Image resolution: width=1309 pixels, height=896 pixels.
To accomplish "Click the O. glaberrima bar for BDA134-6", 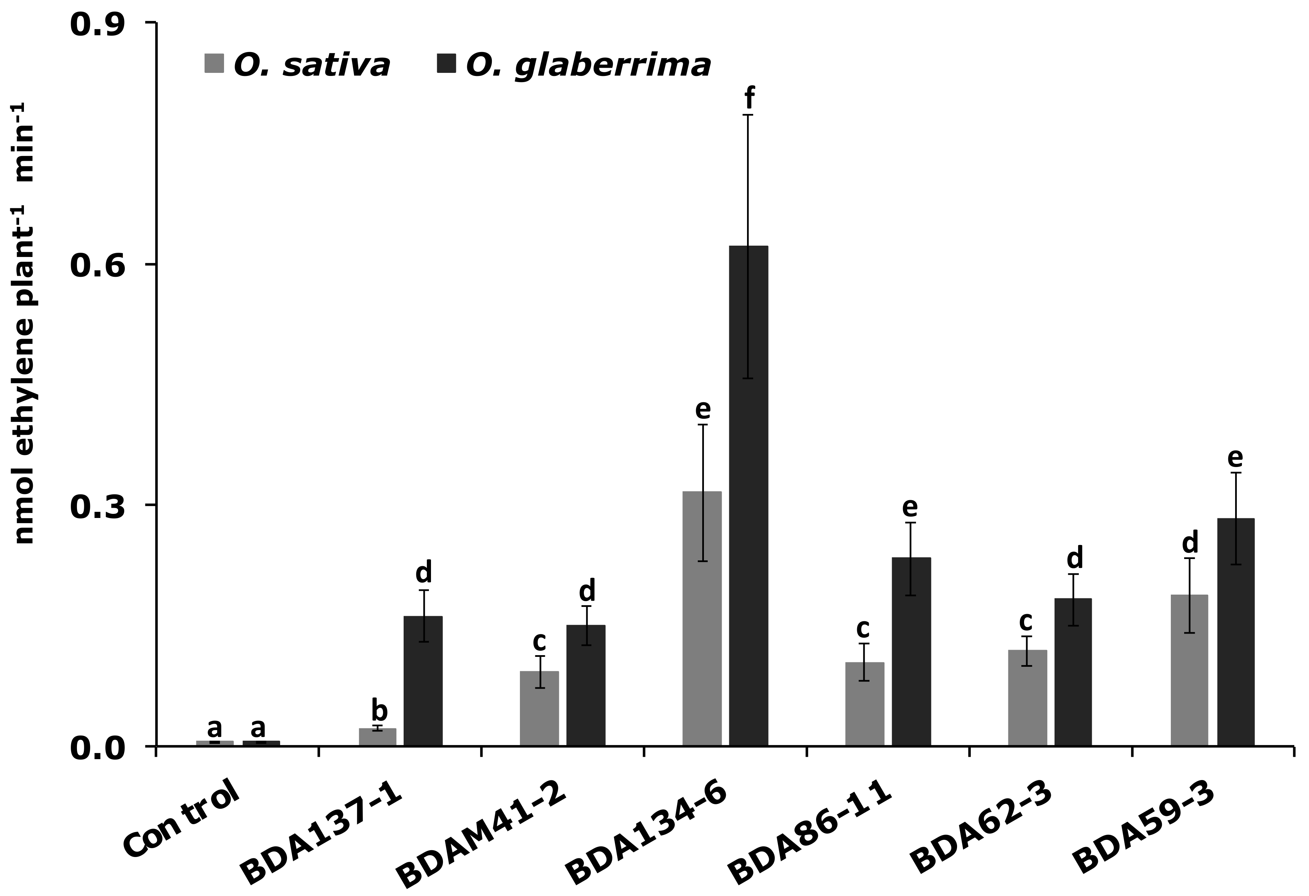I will pos(748,496).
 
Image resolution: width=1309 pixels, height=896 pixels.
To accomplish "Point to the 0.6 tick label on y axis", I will pos(105,265).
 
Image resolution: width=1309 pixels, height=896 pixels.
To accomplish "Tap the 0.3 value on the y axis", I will pos(105,506).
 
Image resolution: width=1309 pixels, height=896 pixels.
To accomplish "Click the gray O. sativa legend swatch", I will pos(213,64).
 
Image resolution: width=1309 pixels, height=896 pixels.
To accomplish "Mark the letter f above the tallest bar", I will pos(749,100).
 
